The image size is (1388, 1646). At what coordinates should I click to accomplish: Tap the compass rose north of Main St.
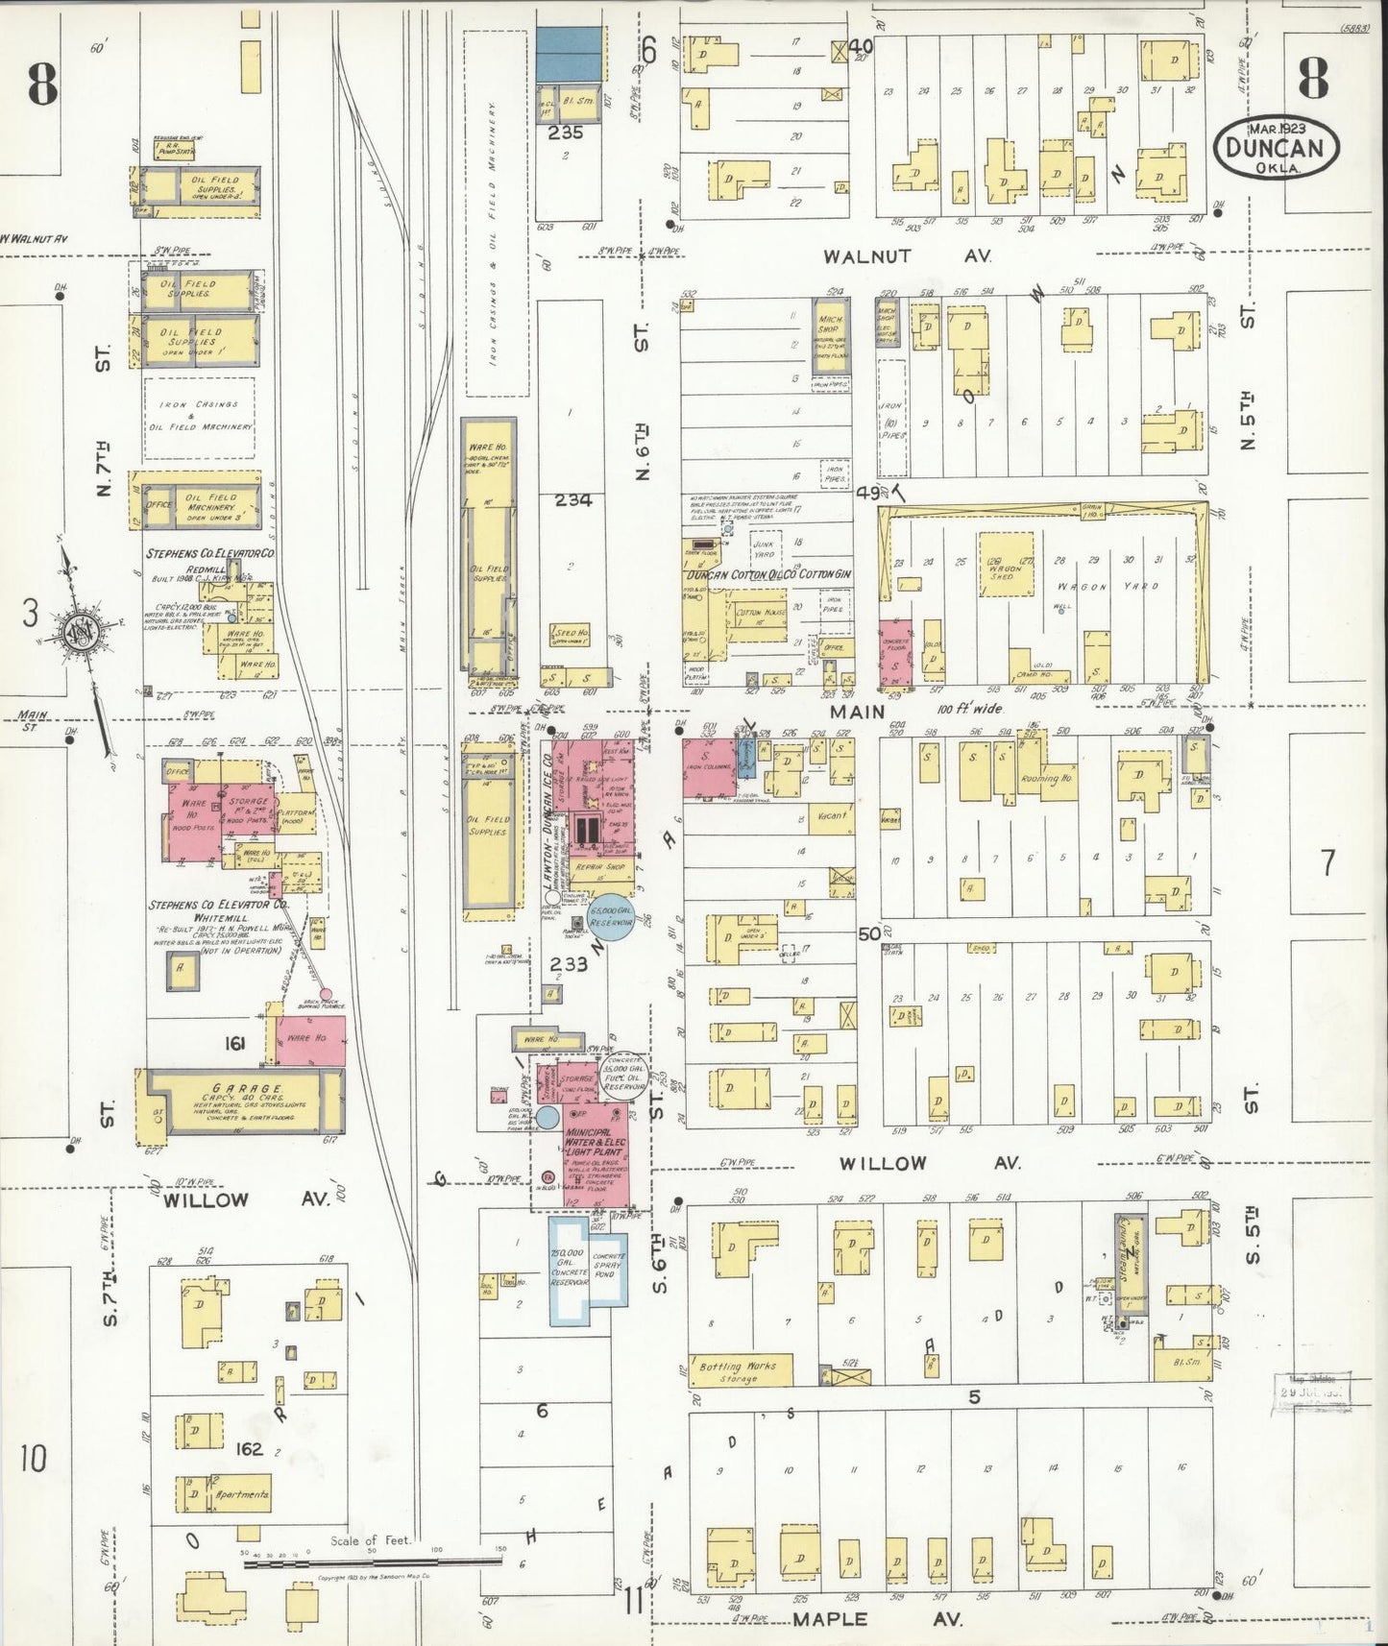76,631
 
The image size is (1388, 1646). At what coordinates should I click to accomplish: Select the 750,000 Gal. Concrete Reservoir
571,1269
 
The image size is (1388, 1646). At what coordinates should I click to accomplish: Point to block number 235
566,134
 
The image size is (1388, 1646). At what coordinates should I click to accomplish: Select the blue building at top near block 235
570,54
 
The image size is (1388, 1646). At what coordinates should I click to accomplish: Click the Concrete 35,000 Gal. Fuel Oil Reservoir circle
624,1077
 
